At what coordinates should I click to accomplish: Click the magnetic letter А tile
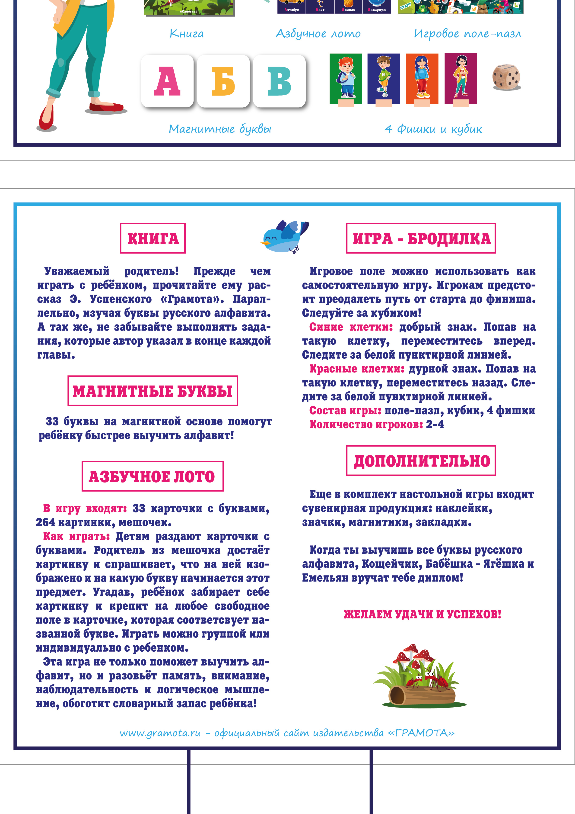point(167,81)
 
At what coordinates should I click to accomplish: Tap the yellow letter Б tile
point(223,81)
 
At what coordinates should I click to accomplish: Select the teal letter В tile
point(279,81)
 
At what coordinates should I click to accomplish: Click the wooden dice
point(506,77)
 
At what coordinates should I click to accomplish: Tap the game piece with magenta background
point(461,79)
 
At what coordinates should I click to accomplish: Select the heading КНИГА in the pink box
point(153,238)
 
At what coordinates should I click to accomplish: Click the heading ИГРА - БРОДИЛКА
point(421,238)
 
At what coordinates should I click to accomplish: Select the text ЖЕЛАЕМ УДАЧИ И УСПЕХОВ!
point(422,614)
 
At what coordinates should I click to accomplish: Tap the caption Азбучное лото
point(318,34)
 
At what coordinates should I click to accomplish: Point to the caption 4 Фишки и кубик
point(433,129)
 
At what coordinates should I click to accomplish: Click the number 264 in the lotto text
point(45,522)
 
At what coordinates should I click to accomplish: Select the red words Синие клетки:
point(351,327)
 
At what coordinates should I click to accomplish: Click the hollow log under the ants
point(422,696)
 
